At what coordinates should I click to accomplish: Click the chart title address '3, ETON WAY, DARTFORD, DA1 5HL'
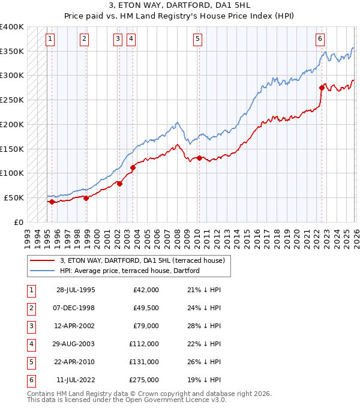click(180, 6)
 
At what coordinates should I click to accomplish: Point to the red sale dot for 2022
click(322, 88)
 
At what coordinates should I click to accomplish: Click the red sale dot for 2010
click(199, 158)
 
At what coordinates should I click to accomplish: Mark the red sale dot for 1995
click(52, 202)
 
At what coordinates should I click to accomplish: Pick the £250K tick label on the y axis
click(12, 100)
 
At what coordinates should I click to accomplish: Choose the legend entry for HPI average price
click(129, 271)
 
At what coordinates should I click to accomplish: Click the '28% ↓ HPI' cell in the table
click(204, 327)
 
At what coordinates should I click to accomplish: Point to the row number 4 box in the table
click(30, 344)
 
